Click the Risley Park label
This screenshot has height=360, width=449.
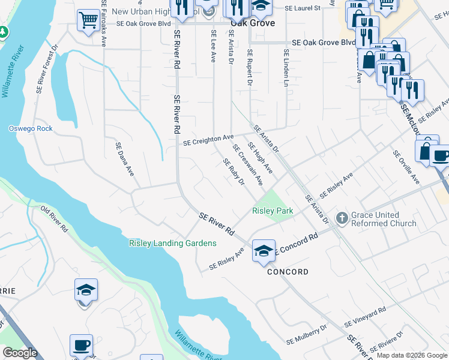[x=273, y=211]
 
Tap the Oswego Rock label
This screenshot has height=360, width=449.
[x=31, y=128]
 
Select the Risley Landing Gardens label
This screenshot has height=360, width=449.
[x=172, y=243]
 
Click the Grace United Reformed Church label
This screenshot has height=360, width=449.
[x=384, y=220]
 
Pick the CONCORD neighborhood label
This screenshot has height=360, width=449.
[x=288, y=272]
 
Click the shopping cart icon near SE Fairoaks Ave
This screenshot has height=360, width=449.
[x=88, y=20]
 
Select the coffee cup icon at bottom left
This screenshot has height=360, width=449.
[x=81, y=346]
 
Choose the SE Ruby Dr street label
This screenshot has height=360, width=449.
[x=234, y=172]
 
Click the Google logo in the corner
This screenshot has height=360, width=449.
[x=20, y=352]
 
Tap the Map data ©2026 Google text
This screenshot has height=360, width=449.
[x=411, y=355]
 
